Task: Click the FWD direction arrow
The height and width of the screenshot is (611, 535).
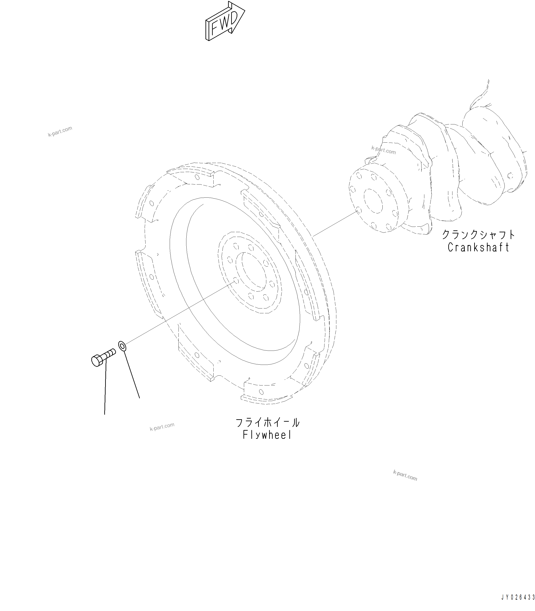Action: pos(225,23)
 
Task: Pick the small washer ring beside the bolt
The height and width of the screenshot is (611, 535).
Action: pos(122,346)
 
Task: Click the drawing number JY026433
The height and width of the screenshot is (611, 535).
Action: pos(518,597)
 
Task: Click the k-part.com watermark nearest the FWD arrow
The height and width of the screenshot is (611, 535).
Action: pos(60,132)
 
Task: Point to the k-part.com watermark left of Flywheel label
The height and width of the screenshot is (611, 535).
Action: pos(162,427)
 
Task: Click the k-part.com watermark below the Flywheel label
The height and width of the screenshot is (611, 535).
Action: pos(405,475)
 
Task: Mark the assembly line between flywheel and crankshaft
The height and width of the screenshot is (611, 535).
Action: pos(334,224)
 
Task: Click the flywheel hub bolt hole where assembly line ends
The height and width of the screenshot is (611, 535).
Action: pos(236,280)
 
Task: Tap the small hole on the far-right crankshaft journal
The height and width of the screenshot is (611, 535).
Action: pos(510,176)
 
